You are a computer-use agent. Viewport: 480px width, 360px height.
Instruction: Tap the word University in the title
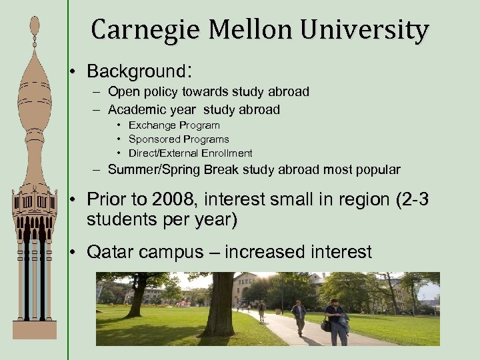click(363, 30)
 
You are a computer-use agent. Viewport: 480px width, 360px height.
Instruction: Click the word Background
click(136, 71)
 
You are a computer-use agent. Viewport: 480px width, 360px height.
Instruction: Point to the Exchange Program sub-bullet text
click(174, 125)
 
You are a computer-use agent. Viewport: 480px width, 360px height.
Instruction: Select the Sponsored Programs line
click(179, 139)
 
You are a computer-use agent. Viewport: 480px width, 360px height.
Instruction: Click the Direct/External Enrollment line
click(191, 153)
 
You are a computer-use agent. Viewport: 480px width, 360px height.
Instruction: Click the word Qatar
click(111, 252)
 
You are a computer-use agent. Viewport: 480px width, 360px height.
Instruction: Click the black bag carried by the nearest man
click(327, 325)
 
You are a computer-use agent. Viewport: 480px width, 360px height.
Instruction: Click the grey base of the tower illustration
click(35, 329)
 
